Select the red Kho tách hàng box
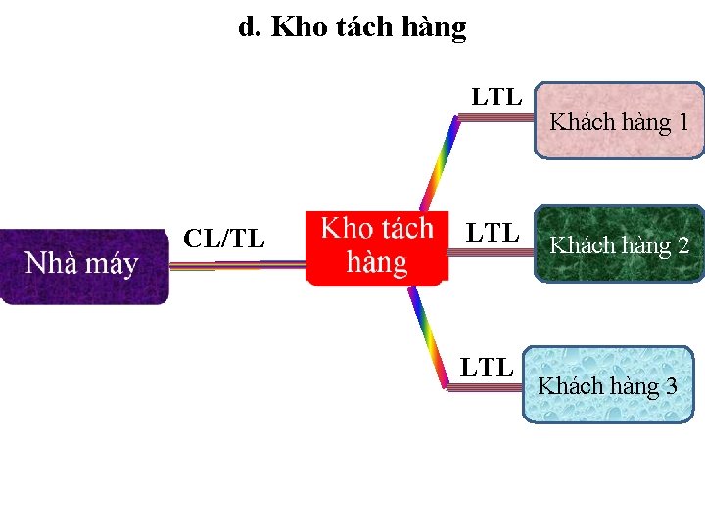point(377,247)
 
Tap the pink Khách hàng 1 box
point(619,121)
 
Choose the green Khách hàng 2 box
point(619,244)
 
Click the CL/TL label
point(224,238)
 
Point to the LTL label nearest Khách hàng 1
point(496,97)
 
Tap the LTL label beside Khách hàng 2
point(492,233)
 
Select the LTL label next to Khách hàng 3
point(487,368)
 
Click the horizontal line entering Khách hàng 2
point(490,251)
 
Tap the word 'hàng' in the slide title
point(434,28)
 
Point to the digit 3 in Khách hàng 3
point(671,385)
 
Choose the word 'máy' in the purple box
point(114,263)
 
